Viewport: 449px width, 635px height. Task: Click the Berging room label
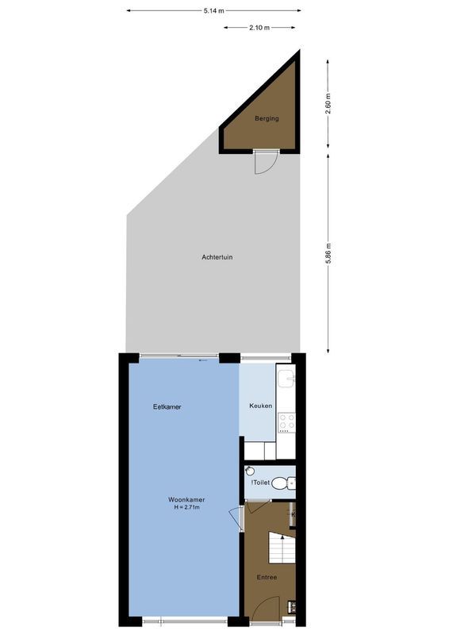pos(266,119)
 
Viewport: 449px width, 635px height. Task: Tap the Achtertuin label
pos(217,257)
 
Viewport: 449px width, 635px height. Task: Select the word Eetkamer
pos(167,407)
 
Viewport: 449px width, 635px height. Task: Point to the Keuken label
pos(261,406)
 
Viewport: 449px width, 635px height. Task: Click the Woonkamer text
pos(186,499)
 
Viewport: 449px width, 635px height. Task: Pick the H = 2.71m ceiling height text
pos(186,507)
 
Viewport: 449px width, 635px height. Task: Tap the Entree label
pos(267,577)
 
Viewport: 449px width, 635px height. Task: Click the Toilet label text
pos(262,483)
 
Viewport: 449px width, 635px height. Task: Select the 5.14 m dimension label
pos(213,11)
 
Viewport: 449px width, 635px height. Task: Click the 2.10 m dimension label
pos(259,28)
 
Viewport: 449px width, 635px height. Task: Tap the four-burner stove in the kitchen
pos(286,421)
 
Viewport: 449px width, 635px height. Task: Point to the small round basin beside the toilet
pos(248,470)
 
